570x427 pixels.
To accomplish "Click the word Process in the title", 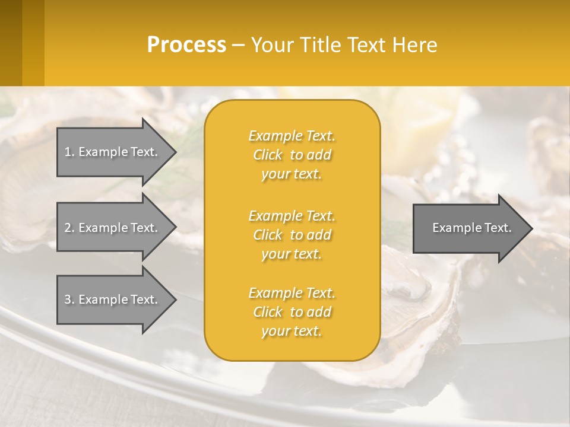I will (186, 45).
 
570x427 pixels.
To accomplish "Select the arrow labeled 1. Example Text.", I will (113, 152).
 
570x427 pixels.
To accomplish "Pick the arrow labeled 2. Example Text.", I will (113, 228).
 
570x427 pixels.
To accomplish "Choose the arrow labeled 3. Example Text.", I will (113, 299).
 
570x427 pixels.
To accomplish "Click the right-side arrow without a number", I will (469, 228).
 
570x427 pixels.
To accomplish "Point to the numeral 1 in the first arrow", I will (68, 152).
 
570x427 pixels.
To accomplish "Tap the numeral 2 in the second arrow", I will (68, 228).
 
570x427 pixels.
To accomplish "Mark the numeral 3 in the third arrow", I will (68, 299).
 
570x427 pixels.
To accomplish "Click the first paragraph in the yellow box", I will (292, 155).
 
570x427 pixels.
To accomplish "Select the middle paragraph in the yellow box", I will (292, 235).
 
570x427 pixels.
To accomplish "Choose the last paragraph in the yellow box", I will (292, 312).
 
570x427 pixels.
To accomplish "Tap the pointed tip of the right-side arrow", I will (531, 228).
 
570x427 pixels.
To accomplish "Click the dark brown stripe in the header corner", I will (11, 43).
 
